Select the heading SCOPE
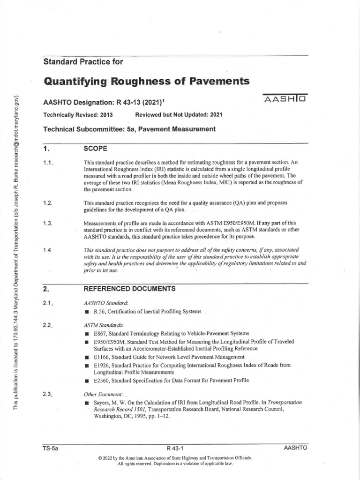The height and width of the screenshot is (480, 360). coord(95,149)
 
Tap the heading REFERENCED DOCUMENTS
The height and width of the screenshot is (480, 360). coord(129,289)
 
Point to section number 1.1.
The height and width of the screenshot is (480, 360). coord(48,163)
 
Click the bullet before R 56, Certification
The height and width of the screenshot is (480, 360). coord(87,312)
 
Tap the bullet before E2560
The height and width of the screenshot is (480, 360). coord(87,380)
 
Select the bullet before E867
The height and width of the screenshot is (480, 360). coord(87,333)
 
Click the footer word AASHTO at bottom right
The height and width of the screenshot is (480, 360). coord(295,448)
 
